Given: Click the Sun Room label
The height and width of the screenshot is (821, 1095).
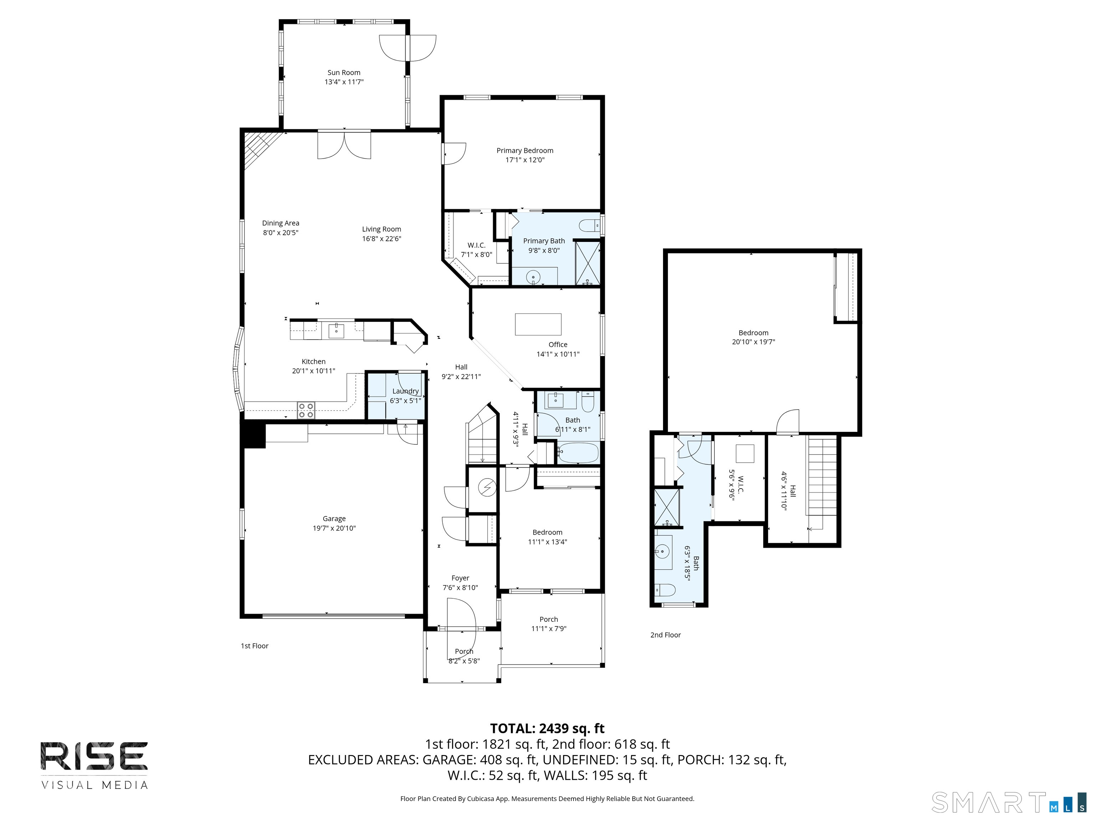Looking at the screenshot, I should [344, 73].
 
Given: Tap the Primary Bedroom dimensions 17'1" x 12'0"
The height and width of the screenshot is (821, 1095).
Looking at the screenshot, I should [525, 160].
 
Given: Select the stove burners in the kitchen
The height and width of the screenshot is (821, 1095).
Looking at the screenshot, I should [306, 410].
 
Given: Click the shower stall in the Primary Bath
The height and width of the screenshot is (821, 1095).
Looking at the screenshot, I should [587, 263].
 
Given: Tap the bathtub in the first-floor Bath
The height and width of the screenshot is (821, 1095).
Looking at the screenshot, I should [578, 453].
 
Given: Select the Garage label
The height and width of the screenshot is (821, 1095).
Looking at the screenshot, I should [334, 518].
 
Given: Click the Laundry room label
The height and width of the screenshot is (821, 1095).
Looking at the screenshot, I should [405, 391].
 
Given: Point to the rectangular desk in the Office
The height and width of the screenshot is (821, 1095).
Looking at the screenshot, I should [538, 325].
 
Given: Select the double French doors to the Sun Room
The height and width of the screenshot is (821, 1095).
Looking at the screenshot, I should [344, 145].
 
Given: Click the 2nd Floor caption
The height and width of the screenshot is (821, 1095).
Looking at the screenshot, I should [665, 635].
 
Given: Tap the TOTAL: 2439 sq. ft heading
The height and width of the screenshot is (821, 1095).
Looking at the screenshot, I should [547, 728].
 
